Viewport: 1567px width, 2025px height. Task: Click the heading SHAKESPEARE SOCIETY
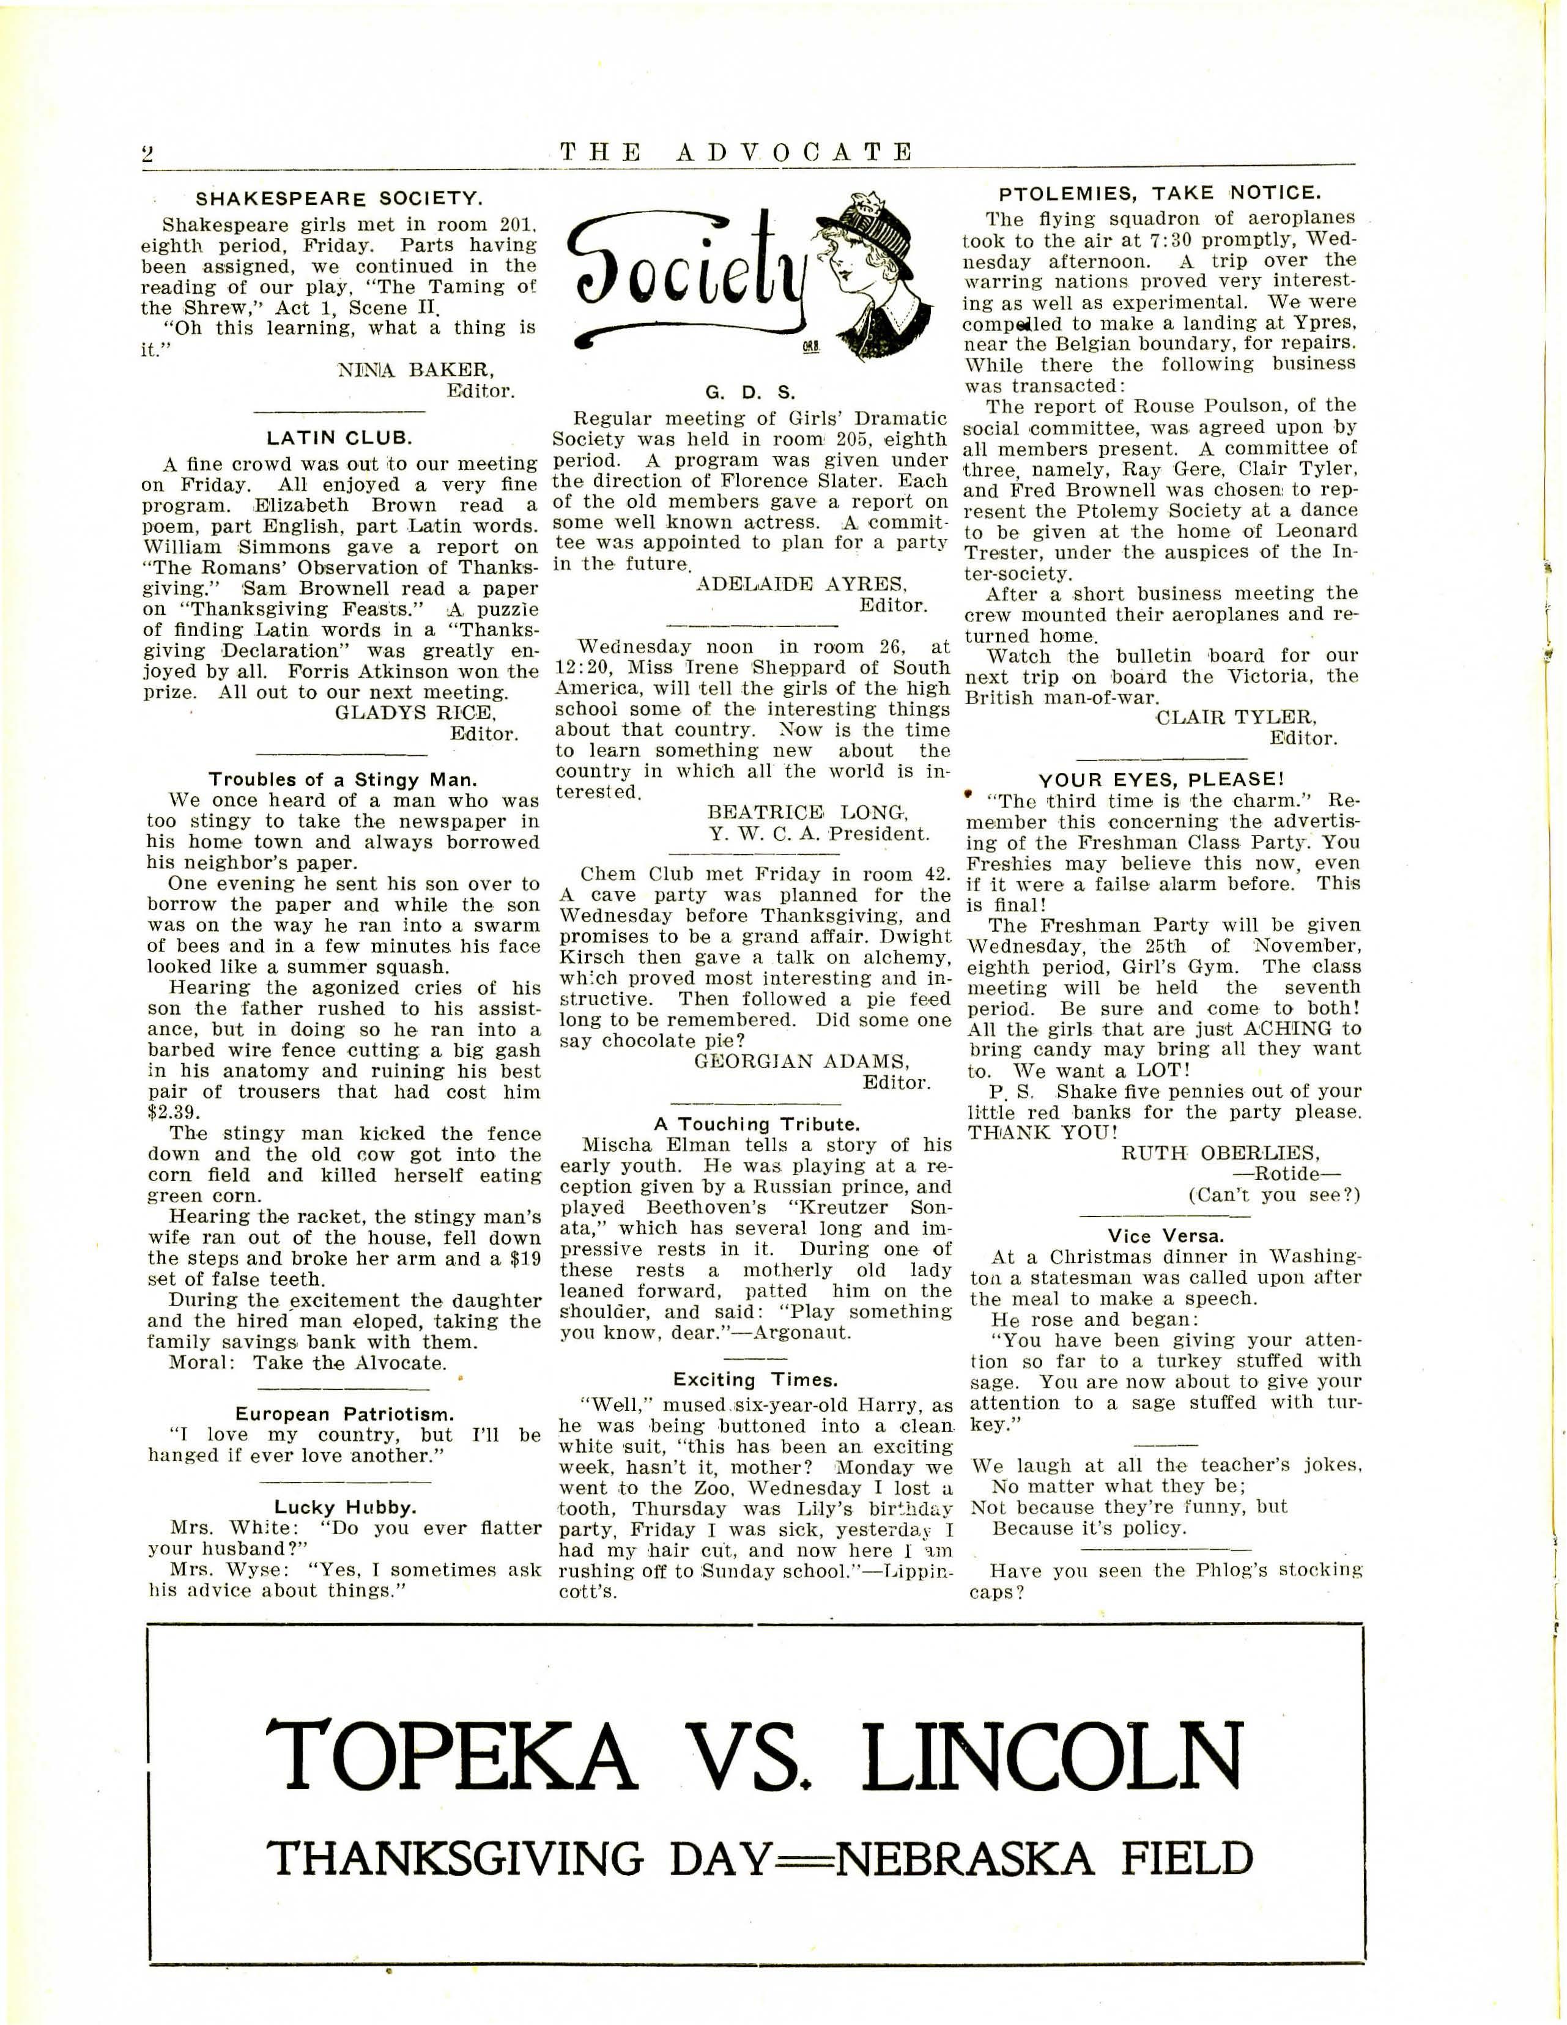(338, 198)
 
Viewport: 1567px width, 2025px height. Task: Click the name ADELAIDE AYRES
(801, 584)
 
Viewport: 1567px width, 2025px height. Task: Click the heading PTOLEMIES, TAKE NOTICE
(1160, 193)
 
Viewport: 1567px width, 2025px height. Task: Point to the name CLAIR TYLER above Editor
(1236, 717)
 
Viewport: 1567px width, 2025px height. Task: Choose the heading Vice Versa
(1166, 1236)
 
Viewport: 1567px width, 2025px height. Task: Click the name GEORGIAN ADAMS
(802, 1062)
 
